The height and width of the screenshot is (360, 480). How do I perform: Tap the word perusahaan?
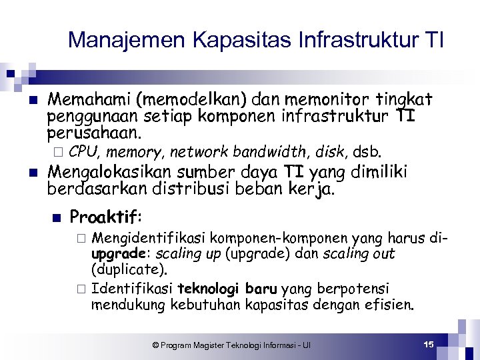click(94, 132)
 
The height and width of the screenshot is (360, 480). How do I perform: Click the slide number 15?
click(428, 344)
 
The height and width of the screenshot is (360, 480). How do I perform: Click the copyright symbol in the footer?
click(155, 345)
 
